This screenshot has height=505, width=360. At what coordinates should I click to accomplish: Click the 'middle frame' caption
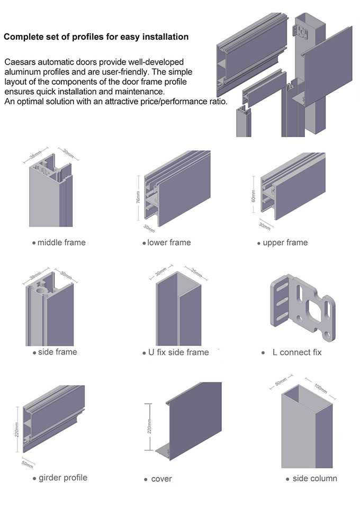[x=61, y=242]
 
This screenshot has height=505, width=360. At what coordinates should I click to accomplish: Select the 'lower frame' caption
[x=168, y=242]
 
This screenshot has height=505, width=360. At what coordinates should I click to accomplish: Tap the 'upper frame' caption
[x=285, y=242]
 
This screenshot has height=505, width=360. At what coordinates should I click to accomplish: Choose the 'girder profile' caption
[x=62, y=477]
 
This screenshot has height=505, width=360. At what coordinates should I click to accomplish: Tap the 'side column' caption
[x=314, y=479]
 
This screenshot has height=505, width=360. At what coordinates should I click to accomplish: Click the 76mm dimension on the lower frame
[x=138, y=197]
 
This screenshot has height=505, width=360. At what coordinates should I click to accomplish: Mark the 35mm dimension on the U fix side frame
[x=196, y=274]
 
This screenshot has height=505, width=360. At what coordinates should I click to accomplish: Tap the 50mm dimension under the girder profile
[x=27, y=464]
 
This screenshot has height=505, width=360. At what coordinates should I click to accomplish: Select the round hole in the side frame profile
[x=39, y=291]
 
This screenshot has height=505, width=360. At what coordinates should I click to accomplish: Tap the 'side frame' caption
[x=57, y=352]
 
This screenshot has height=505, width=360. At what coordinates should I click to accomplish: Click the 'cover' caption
[x=161, y=479]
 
